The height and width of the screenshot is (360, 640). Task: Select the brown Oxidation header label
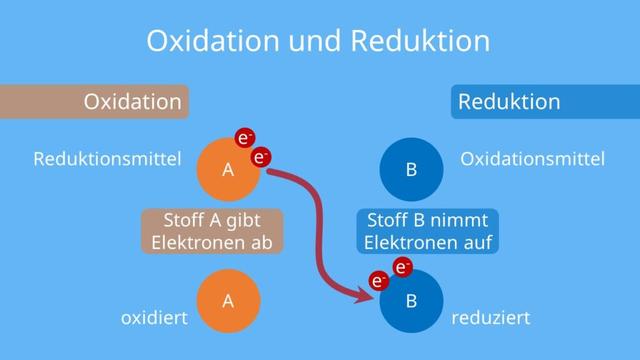(132, 101)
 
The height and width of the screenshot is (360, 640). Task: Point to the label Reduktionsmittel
(107, 159)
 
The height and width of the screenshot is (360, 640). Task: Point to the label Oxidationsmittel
(532, 159)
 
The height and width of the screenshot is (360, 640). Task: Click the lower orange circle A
(228, 299)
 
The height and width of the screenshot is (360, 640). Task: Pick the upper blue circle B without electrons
(411, 169)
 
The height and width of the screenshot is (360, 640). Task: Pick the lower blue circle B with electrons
(411, 300)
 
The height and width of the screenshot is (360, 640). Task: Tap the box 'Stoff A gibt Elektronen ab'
(211, 231)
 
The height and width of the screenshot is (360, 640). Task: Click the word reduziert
(490, 318)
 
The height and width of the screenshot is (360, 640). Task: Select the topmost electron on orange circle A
(245, 137)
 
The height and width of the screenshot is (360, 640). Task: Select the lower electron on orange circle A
(261, 157)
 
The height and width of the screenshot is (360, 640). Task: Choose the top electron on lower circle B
(402, 266)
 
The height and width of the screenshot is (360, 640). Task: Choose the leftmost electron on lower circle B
(380, 281)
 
